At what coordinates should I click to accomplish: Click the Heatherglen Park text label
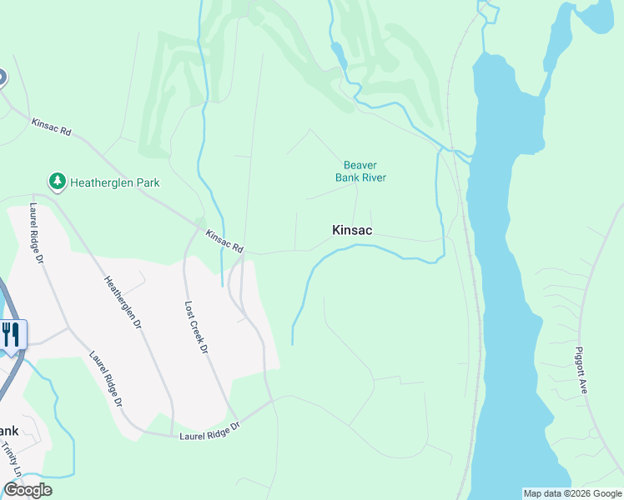click(114, 182)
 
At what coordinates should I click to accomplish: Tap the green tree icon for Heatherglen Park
click(57, 181)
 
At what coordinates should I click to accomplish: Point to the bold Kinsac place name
click(352, 230)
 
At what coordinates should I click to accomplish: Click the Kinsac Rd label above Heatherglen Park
click(52, 128)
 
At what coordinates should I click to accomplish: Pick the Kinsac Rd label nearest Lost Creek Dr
click(224, 242)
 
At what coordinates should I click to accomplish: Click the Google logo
click(28, 490)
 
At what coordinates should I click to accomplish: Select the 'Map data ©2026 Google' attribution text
click(571, 493)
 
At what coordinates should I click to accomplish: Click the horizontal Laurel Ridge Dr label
click(209, 431)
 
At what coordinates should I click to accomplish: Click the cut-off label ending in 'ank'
click(8, 431)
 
